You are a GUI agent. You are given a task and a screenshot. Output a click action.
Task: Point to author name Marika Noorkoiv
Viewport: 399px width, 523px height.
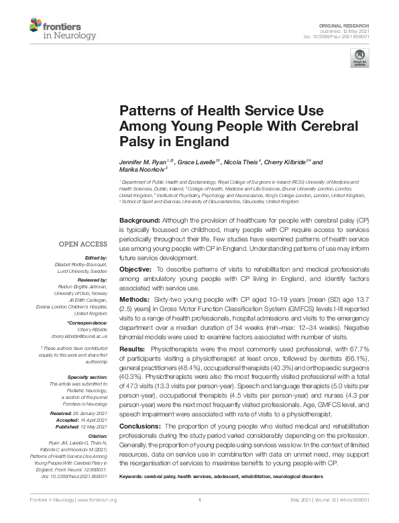coord(141,170)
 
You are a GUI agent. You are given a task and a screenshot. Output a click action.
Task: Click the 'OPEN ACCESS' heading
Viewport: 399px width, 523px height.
coord(82,245)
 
